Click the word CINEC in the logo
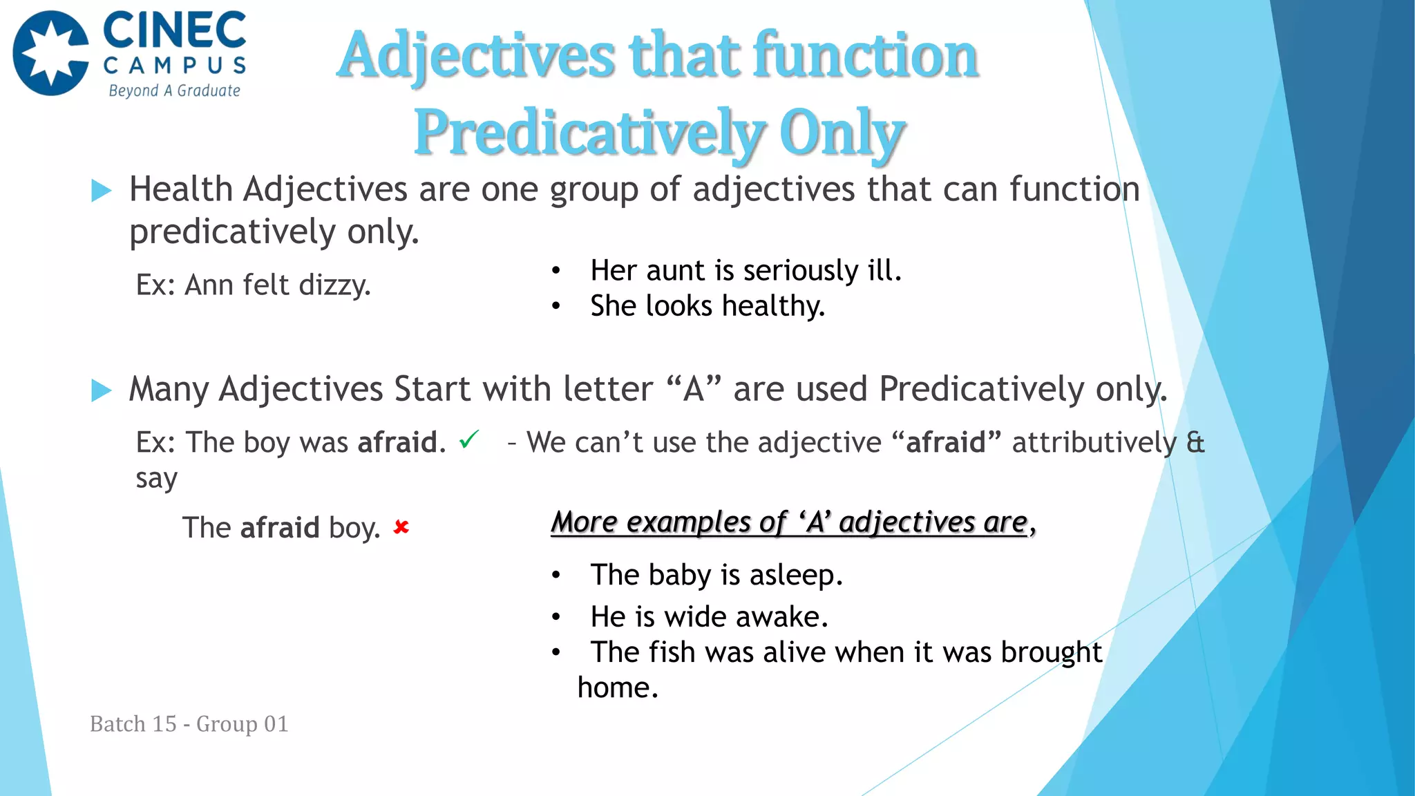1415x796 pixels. pos(174,32)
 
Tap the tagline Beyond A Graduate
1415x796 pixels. pos(174,91)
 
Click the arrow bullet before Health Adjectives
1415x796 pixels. pos(101,191)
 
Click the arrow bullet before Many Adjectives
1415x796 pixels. pos(101,390)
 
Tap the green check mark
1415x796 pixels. pos(469,439)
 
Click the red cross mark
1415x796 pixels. pos(401,528)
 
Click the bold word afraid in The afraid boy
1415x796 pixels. pos(280,528)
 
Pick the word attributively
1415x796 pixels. pos(1094,443)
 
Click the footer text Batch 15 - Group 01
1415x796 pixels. pos(189,724)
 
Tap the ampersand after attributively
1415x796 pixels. pos(1195,443)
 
